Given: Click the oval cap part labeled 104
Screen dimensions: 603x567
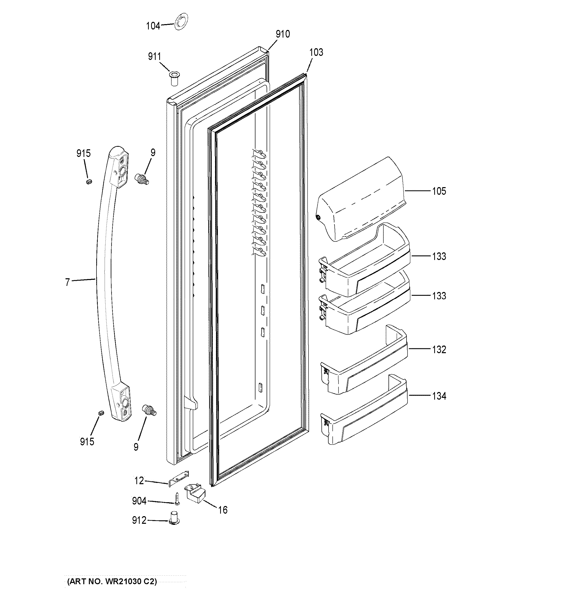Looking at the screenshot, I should (181, 22).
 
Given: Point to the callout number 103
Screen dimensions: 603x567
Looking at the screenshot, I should (316, 53).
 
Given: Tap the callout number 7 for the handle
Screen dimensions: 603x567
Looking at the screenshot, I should (67, 282).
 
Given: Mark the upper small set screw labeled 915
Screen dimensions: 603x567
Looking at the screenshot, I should (89, 182).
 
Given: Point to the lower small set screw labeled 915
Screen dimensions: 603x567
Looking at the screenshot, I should (101, 413).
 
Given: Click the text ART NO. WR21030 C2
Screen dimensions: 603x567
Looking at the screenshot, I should (112, 581).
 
